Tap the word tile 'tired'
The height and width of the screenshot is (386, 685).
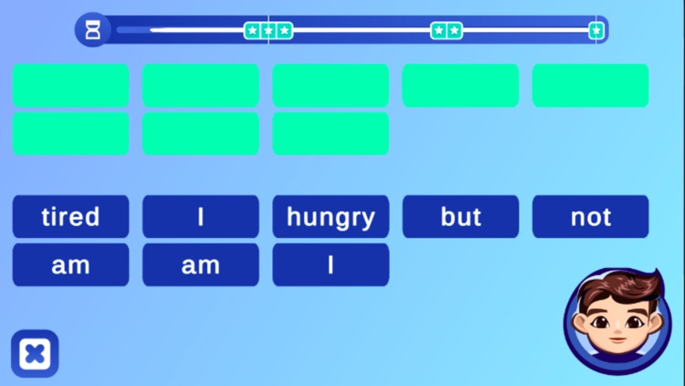pyautogui.click(x=70, y=217)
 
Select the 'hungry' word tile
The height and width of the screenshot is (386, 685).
pyautogui.click(x=331, y=217)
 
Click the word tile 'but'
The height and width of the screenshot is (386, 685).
pyautogui.click(x=460, y=217)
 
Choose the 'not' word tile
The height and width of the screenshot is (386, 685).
pyautogui.click(x=590, y=217)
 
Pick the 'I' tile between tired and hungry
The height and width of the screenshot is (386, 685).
pyautogui.click(x=200, y=217)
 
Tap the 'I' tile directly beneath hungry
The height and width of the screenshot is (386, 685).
pyautogui.click(x=331, y=265)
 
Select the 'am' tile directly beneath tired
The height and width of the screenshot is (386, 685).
pyautogui.click(x=70, y=265)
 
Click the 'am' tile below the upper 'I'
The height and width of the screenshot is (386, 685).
pyautogui.click(x=200, y=265)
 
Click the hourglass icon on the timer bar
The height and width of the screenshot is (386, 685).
pyautogui.click(x=93, y=30)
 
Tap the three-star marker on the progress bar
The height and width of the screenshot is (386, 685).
pyautogui.click(x=269, y=31)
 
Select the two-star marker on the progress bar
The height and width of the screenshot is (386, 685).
pyautogui.click(x=447, y=31)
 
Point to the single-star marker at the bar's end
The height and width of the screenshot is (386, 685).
pyautogui.click(x=596, y=31)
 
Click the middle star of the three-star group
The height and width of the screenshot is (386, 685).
pyautogui.click(x=269, y=31)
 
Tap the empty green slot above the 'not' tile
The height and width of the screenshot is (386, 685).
pyautogui.click(x=590, y=85)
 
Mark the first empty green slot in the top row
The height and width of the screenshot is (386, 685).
pyautogui.click(x=70, y=85)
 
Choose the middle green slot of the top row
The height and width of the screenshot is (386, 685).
pyautogui.click(x=331, y=85)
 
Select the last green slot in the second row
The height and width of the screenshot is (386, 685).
pyautogui.click(x=331, y=134)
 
